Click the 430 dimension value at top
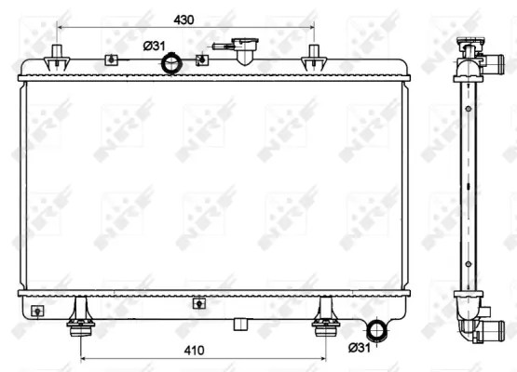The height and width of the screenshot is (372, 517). pos(184,20)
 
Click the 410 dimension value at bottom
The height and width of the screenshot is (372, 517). pos(194,351)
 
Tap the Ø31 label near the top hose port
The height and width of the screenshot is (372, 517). pos(154,46)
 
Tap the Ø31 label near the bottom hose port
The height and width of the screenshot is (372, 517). pos(360,347)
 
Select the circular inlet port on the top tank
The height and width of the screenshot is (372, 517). pos(171,64)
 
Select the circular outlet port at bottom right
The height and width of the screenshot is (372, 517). pos(376,330)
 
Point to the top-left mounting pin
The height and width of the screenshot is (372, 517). pos(57,58)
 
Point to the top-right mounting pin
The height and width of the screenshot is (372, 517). pos(314,58)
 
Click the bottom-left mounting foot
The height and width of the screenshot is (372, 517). pos(80,317)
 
